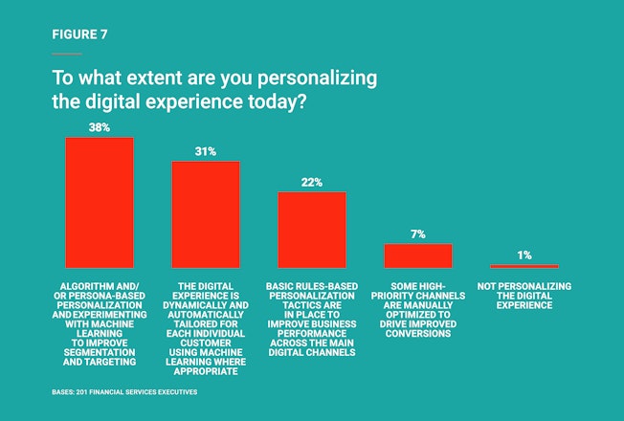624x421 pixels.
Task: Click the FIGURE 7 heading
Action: click(80, 33)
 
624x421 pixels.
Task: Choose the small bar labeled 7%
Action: click(418, 255)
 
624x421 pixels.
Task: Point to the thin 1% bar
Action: click(524, 266)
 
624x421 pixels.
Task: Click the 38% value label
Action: click(100, 127)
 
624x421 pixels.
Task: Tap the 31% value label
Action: click(206, 151)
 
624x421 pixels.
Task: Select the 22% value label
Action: click(312, 182)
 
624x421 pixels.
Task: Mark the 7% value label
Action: click(418, 233)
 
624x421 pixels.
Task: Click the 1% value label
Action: click(524, 255)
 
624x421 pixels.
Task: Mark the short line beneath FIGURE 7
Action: click(67, 54)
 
